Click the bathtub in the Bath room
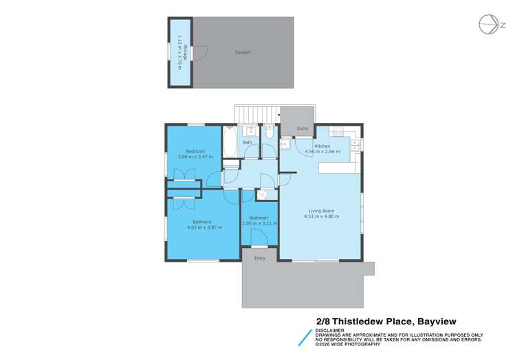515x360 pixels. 230,140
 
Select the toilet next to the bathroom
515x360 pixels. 270,133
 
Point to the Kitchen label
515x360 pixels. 322,146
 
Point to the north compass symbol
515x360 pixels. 490,25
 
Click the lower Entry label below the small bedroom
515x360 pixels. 259,258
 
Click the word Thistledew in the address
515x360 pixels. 371,321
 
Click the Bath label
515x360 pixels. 247,142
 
